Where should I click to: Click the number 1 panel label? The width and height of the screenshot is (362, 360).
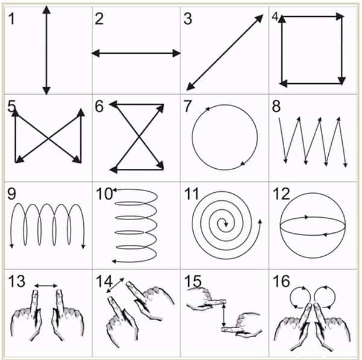11,19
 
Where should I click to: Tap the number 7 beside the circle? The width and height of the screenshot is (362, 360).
188,106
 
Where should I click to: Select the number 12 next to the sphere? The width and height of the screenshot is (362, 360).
281,194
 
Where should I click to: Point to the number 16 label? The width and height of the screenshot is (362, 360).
281,281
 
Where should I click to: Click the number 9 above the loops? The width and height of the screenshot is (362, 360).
11,194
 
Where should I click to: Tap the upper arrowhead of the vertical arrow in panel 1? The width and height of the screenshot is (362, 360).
46,10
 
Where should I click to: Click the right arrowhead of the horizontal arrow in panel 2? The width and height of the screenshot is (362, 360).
176,53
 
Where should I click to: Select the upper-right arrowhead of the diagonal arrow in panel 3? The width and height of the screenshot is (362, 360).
259,19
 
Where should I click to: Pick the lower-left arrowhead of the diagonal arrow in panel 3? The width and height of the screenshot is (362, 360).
191,87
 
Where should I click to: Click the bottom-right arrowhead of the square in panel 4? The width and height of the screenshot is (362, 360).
341,81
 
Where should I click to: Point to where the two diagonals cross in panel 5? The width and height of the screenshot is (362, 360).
48,139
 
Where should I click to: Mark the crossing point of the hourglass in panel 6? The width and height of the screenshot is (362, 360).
139,137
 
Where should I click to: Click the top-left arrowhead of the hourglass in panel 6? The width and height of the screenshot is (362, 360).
113,104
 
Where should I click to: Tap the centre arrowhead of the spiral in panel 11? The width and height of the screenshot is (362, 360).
226,224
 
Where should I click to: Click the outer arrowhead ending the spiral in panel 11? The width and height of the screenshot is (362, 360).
260,221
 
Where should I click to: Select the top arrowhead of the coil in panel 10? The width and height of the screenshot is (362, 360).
114,190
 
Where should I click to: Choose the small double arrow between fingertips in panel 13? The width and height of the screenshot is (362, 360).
46,286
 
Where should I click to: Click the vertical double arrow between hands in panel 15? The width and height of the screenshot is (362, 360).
224,315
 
